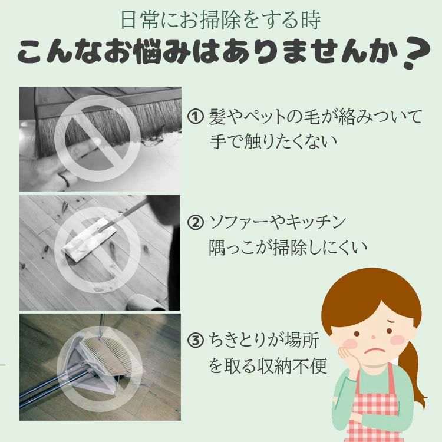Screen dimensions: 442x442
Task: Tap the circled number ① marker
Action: coord(196,117)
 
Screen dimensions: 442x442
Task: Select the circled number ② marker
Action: coord(196,223)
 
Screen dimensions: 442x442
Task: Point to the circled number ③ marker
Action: coord(196,341)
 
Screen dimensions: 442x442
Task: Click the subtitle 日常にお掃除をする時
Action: coord(220,19)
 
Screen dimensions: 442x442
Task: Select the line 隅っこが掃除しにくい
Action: coord(288,248)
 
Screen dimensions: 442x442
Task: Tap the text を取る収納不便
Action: coord(268,366)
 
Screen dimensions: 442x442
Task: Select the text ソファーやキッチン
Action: coord(277,223)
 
